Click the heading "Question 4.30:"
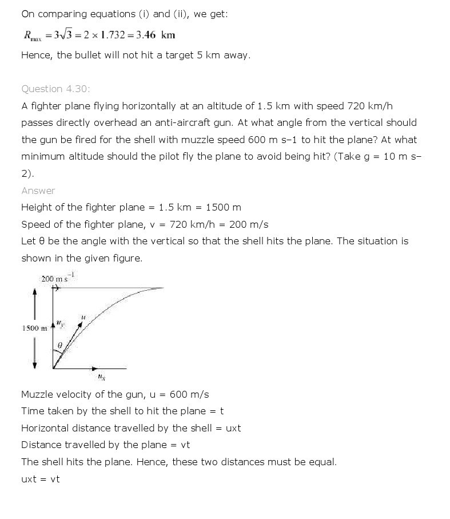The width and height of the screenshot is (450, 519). [55, 89]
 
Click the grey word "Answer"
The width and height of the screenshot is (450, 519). [38, 191]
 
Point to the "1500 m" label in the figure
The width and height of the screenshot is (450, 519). [34, 328]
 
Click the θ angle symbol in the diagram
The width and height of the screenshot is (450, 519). [61, 346]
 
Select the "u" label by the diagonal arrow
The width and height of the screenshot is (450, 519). [83, 317]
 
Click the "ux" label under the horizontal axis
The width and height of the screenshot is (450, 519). [101, 377]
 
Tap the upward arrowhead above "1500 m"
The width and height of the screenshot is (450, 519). [35, 291]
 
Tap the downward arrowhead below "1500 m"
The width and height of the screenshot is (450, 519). [35, 366]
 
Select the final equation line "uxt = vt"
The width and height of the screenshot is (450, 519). [40, 479]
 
